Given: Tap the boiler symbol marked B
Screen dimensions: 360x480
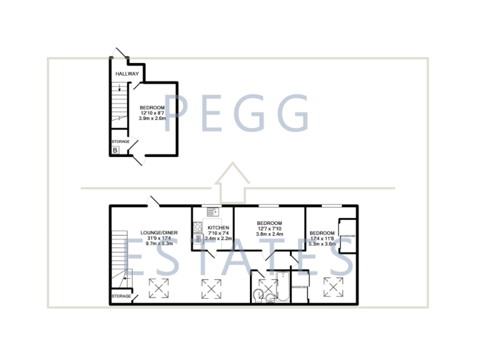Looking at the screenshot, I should coord(116,150).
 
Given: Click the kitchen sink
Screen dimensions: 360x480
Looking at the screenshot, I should coord(212,212).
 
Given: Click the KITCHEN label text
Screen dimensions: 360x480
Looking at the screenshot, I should coord(218,227).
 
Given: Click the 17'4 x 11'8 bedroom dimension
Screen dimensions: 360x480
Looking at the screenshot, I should coord(322,237).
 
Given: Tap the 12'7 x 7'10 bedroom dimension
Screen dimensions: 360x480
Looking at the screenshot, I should coord(269,229).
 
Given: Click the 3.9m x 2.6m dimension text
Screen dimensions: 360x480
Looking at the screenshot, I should coord(152,118).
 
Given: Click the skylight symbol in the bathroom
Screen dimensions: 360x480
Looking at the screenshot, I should coord(268,289).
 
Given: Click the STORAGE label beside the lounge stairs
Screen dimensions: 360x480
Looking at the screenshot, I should coord(121,296).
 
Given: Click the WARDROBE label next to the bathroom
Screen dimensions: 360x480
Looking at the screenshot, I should coord(299,287).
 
